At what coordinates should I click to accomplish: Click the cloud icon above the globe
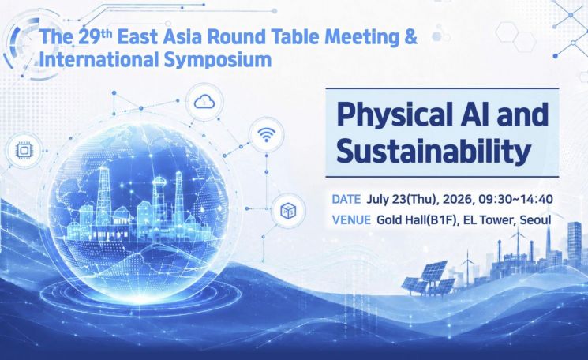pyautogui.click(x=204, y=101)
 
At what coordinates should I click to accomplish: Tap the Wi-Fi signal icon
pyautogui.click(x=267, y=134)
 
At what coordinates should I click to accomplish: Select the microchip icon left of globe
pyautogui.click(x=24, y=151)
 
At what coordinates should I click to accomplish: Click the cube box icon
pyautogui.click(x=288, y=211)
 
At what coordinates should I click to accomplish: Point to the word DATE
pyautogui.click(x=346, y=199)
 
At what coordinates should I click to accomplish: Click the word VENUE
pyautogui.click(x=351, y=219)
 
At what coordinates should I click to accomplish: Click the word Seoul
pyautogui.click(x=535, y=219)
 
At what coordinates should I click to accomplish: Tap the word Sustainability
pyautogui.click(x=433, y=150)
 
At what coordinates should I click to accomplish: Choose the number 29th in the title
pyautogui.click(x=96, y=36)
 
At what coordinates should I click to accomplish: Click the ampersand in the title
pyautogui.click(x=411, y=37)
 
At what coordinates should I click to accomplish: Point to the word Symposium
pyautogui.click(x=218, y=60)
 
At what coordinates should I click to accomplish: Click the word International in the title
pyautogui.click(x=99, y=59)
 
